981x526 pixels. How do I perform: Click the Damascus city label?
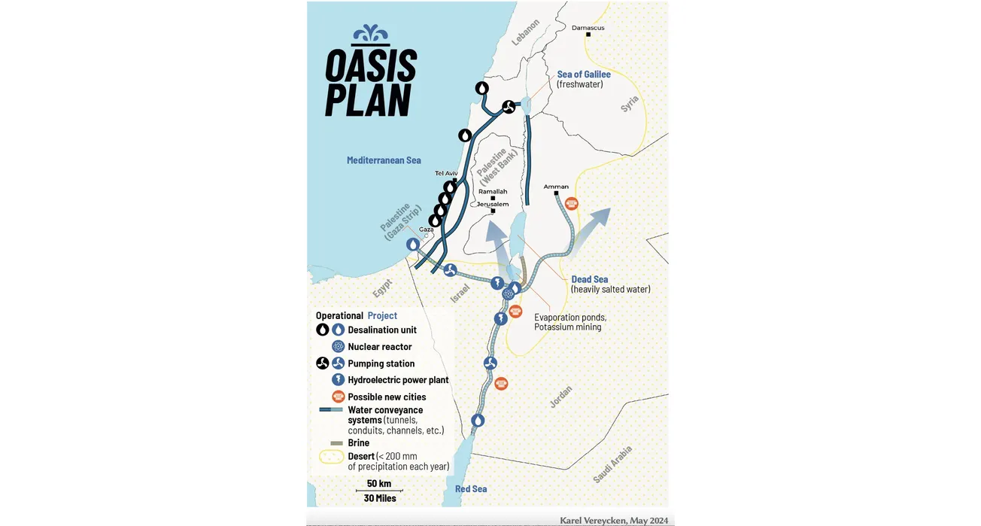[x=588, y=28]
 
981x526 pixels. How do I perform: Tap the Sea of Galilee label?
[x=584, y=74]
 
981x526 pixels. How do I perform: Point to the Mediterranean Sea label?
[x=384, y=160]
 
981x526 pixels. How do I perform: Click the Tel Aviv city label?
[x=446, y=174]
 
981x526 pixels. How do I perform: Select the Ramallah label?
[x=493, y=192]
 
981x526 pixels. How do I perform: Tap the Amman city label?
[x=556, y=187]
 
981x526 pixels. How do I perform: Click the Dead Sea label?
[x=590, y=279]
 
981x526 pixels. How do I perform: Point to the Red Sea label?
[x=471, y=489]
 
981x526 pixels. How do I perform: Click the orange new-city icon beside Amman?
[x=572, y=203]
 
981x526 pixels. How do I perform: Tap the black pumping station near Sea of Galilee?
[x=509, y=108]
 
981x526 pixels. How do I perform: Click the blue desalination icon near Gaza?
[x=413, y=245]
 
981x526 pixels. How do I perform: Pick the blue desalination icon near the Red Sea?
[x=478, y=420]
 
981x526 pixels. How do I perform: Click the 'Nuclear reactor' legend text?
[x=379, y=347]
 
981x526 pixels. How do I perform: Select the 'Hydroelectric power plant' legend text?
[x=398, y=380]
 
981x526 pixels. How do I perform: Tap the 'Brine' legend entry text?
[x=358, y=443]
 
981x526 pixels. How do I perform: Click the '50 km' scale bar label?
[x=379, y=483]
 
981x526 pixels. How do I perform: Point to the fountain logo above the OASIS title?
[x=372, y=35]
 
